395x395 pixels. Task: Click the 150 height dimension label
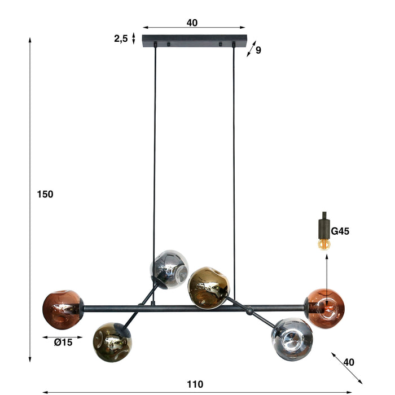(x=45, y=194)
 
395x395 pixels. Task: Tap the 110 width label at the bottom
(x=195, y=384)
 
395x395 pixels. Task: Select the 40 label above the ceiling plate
(x=192, y=23)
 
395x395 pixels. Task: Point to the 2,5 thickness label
(x=121, y=38)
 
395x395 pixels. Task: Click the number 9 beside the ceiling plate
(x=258, y=50)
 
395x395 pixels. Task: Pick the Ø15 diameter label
(x=63, y=342)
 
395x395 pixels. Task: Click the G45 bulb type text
(x=341, y=231)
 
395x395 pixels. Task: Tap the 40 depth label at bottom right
(x=349, y=362)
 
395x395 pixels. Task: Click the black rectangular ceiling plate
(x=195, y=41)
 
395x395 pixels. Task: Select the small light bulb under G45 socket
(x=323, y=244)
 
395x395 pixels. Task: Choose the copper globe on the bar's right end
(x=326, y=308)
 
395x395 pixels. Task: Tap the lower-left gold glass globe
(x=112, y=341)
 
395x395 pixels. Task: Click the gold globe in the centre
(x=208, y=287)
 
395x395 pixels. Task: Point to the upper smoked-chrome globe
(x=169, y=268)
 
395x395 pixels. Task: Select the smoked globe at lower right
(x=291, y=339)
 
